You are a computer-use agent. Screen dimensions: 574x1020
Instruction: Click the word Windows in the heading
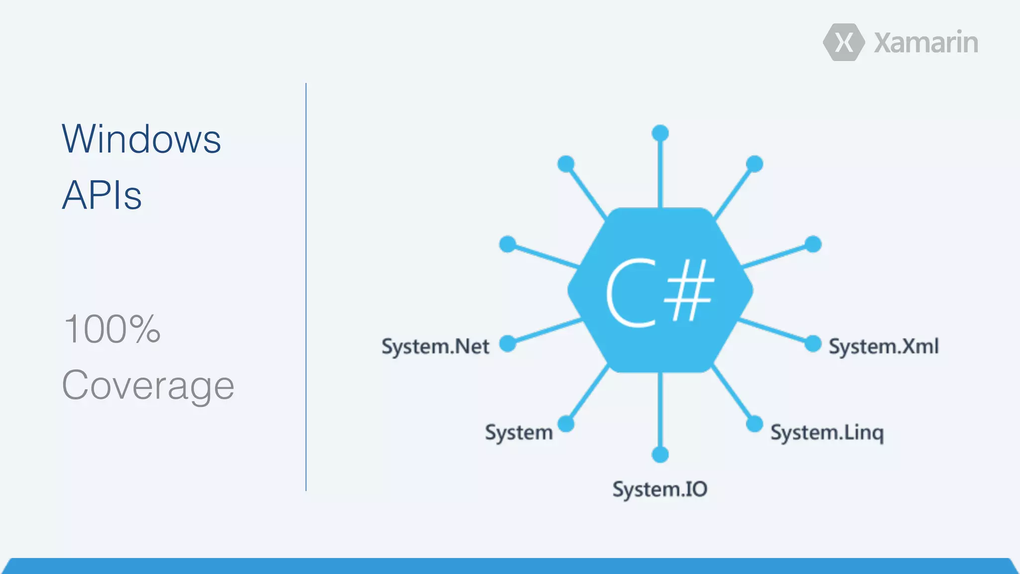point(141,139)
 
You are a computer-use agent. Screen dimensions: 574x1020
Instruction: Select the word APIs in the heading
point(102,195)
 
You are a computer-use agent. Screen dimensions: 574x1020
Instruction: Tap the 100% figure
point(112,329)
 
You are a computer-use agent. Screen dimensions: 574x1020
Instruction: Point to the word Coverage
point(148,385)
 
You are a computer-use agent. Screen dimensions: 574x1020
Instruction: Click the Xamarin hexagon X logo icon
point(844,42)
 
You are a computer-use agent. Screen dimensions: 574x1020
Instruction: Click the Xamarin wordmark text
point(926,43)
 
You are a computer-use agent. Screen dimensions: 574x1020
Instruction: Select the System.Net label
point(435,346)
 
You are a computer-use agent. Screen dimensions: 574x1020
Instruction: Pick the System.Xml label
point(884,346)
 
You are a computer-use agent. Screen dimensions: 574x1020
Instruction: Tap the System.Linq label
point(827,432)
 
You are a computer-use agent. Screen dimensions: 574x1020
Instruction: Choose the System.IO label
point(659,489)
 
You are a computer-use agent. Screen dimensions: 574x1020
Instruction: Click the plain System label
point(518,432)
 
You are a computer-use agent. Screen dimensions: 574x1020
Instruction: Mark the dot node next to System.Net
point(508,343)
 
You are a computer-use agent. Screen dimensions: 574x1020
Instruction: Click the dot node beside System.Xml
point(813,343)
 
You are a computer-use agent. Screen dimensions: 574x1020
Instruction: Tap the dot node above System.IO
point(660,454)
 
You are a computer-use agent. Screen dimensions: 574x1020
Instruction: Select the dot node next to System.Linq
point(754,424)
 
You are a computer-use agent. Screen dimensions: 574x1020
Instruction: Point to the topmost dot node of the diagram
point(660,133)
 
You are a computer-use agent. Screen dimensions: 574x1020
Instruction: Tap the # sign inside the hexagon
point(690,290)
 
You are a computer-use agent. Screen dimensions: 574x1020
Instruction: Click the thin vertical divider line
point(306,287)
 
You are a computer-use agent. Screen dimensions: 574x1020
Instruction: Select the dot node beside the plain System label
point(566,424)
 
